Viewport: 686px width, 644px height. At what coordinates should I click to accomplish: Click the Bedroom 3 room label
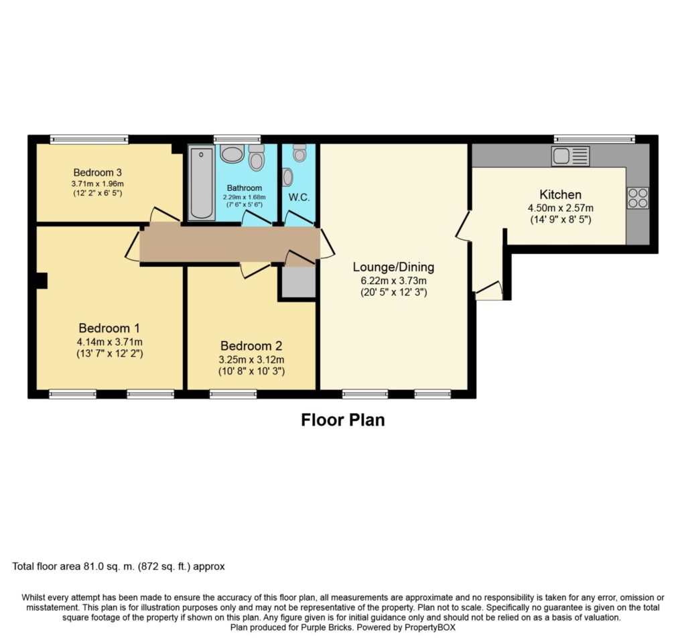(97, 172)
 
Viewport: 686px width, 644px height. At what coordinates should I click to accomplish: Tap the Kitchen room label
(561, 194)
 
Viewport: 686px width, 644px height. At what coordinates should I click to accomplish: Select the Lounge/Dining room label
(393, 267)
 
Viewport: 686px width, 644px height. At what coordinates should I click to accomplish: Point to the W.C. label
(299, 197)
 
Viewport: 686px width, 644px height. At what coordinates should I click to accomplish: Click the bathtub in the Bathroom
(202, 184)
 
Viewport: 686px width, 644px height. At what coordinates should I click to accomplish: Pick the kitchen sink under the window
(571, 156)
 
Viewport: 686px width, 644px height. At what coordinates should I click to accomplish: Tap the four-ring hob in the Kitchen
(638, 198)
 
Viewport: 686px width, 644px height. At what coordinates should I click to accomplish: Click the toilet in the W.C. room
(299, 153)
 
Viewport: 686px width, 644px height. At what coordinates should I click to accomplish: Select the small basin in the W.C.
(287, 177)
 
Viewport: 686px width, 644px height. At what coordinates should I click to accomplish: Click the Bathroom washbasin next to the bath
(232, 153)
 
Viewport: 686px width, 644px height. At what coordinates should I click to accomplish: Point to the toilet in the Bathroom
(257, 157)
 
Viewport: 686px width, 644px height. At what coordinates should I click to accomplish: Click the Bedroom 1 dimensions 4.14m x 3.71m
(110, 342)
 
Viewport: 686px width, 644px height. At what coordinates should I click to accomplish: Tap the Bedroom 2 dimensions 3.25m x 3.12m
(252, 360)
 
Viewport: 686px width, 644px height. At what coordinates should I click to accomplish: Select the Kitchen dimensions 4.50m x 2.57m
(561, 208)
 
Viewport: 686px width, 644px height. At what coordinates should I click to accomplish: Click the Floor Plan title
(343, 420)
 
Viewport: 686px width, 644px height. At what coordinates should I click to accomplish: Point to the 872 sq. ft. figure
(164, 566)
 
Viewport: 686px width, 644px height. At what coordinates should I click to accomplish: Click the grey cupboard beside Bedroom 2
(298, 282)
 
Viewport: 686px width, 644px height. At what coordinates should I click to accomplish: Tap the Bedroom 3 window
(89, 139)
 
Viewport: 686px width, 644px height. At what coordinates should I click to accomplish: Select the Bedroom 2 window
(233, 394)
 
